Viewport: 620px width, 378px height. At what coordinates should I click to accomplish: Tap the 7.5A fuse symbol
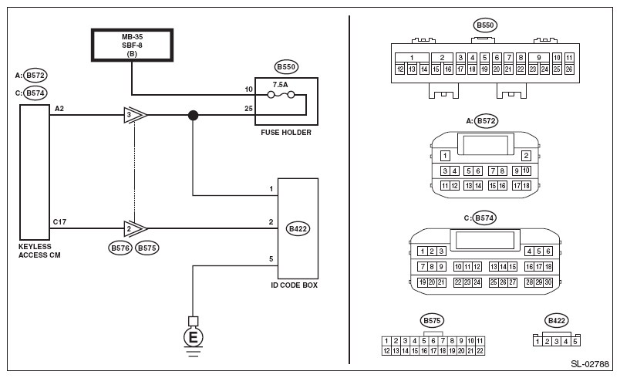[278, 96]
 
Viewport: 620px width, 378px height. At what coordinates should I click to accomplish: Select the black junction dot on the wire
[193, 116]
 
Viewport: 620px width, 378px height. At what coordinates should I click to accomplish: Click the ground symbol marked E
[192, 337]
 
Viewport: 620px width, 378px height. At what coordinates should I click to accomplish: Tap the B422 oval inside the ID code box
[298, 228]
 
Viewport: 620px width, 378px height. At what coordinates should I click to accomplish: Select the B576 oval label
[120, 248]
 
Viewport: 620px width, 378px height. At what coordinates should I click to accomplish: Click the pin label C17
[59, 221]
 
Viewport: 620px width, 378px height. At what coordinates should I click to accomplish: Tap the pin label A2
[59, 110]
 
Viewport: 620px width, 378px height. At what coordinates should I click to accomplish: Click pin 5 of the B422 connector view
[575, 340]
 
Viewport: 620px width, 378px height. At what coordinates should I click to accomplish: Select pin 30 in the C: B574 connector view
[549, 282]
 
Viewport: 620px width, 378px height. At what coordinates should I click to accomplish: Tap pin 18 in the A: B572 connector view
[526, 185]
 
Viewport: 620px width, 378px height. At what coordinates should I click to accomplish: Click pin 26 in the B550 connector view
[568, 69]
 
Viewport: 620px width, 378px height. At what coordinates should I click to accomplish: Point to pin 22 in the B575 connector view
[480, 350]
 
